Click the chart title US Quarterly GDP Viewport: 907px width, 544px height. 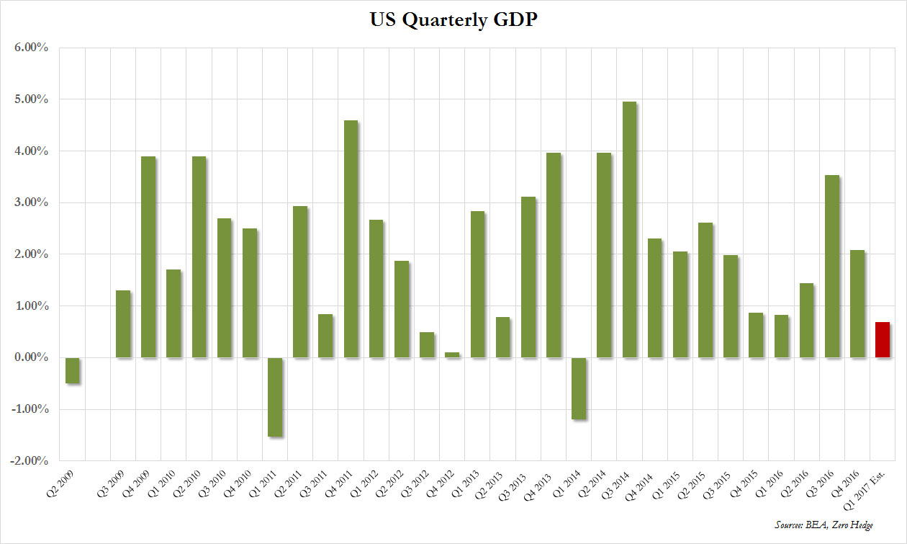[x=453, y=21]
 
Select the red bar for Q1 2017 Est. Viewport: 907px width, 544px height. [x=882, y=340]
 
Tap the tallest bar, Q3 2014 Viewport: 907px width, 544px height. [x=628, y=230]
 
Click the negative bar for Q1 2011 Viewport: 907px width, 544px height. [x=274, y=397]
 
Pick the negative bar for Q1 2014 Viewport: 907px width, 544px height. [x=578, y=388]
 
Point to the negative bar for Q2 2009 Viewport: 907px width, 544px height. [x=72, y=370]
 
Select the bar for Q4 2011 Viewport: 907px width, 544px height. [x=351, y=239]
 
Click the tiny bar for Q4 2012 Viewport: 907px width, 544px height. [x=452, y=355]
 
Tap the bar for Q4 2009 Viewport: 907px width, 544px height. [x=148, y=257]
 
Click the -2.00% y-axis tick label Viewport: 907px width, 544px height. [x=27, y=461]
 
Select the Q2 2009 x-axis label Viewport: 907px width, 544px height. [x=69, y=482]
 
